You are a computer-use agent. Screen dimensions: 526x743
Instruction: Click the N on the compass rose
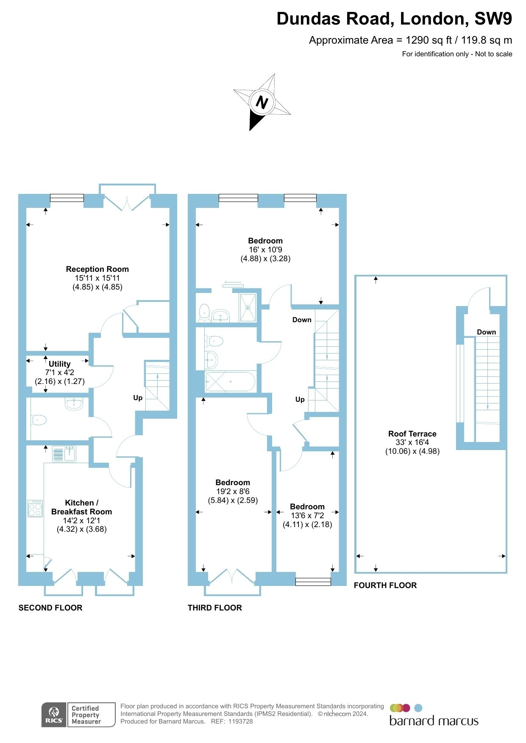(x=262, y=102)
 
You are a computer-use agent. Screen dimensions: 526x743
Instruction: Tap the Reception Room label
(x=97, y=269)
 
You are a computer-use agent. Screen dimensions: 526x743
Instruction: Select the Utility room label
(x=59, y=364)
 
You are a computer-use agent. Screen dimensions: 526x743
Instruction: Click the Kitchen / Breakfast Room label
(x=82, y=507)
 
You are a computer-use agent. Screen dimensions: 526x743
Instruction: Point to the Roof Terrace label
(x=412, y=434)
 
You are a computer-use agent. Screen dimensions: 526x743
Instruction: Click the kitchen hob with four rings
(x=35, y=508)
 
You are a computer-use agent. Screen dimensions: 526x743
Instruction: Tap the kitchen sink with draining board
(x=64, y=454)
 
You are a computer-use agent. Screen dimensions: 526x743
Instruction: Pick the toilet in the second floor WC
(x=39, y=420)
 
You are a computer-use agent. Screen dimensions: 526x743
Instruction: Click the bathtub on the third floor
(x=230, y=381)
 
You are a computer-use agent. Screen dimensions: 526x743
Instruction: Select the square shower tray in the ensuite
(x=248, y=308)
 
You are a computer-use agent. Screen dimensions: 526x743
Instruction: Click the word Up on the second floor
(x=138, y=398)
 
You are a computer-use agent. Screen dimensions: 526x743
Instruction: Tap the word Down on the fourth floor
(x=486, y=332)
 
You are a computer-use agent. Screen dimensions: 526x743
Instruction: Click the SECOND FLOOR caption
(x=50, y=608)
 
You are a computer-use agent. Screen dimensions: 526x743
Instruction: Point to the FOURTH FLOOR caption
(x=385, y=586)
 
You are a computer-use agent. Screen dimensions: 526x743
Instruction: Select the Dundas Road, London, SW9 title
(x=394, y=19)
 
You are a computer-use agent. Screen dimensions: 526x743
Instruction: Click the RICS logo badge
(x=54, y=715)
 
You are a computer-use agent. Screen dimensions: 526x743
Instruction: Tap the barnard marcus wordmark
(x=434, y=721)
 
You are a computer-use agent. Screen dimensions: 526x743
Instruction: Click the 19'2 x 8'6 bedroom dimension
(x=233, y=492)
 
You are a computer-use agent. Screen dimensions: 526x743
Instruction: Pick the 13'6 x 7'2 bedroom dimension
(x=307, y=516)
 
